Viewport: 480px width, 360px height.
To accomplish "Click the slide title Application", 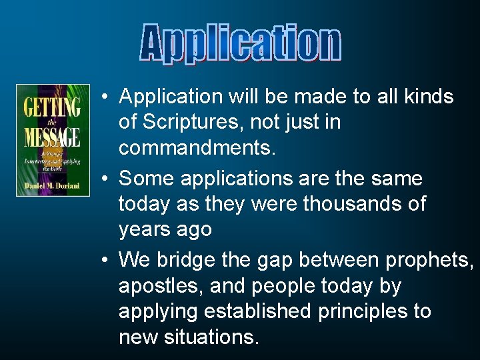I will click(241, 45).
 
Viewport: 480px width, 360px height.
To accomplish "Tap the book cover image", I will click(53, 140).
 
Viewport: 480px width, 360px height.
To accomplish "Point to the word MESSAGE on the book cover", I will click(53, 137).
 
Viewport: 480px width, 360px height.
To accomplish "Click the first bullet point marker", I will click(106, 97).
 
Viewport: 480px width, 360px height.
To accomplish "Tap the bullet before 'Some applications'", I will click(106, 179).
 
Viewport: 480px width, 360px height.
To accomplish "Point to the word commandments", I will click(196, 147).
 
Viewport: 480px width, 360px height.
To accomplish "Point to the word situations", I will click(214, 337).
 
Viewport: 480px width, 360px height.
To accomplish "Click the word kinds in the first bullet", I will click(428, 97).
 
